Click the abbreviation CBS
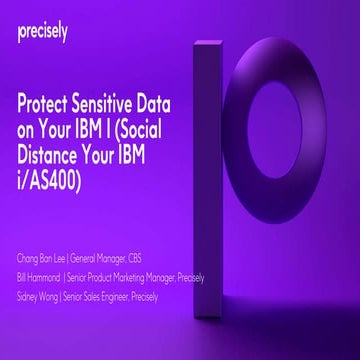coord(149,245)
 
